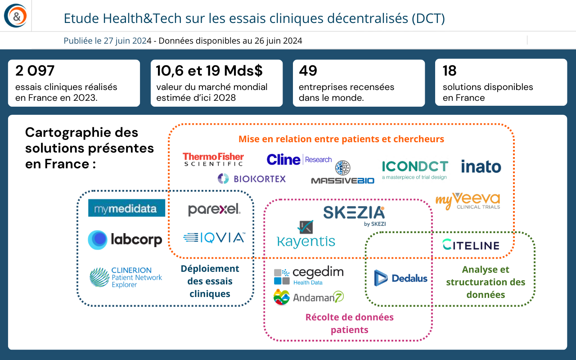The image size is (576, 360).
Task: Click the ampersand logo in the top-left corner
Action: pyautogui.click(x=16, y=16)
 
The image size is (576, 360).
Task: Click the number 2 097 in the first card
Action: pyautogui.click(x=35, y=71)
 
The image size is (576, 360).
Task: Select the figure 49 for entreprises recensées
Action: pyautogui.click(x=308, y=71)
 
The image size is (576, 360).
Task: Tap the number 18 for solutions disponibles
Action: pyautogui.click(x=450, y=71)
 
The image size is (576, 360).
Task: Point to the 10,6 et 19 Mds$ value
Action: pyautogui.click(x=209, y=71)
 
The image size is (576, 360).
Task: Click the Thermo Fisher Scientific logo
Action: pyautogui.click(x=213, y=159)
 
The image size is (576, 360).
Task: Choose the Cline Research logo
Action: pyautogui.click(x=299, y=159)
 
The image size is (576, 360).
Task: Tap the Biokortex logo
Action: pyautogui.click(x=252, y=179)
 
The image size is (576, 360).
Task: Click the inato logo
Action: pyautogui.click(x=481, y=166)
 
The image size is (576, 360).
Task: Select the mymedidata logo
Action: pyautogui.click(x=126, y=208)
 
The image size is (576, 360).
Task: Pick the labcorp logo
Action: pyautogui.click(x=125, y=240)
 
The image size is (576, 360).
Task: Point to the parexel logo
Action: pyautogui.click(x=214, y=209)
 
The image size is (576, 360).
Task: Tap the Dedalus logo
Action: pyautogui.click(x=400, y=278)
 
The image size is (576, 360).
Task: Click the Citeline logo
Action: pyautogui.click(x=471, y=245)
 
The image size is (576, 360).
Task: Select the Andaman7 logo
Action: pyautogui.click(x=309, y=297)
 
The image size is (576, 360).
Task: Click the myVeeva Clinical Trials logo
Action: pyautogui.click(x=468, y=201)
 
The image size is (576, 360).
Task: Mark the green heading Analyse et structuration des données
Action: pyautogui.click(x=486, y=282)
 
